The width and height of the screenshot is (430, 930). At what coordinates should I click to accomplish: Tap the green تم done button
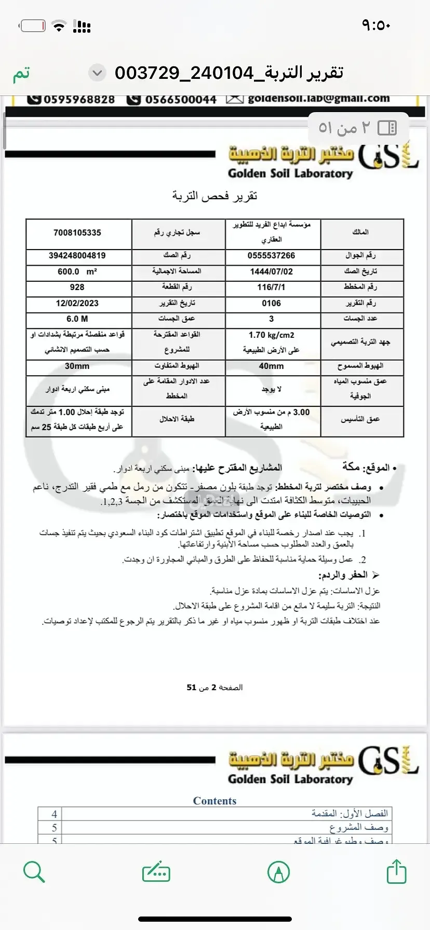coord(21,73)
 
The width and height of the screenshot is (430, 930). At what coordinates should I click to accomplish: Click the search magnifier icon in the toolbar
coord(34,872)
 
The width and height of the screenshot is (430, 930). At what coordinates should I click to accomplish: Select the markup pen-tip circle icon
coord(278,872)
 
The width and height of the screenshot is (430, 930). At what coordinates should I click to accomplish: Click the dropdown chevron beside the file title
coord(97,73)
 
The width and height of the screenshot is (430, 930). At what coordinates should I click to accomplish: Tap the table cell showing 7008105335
coord(77,233)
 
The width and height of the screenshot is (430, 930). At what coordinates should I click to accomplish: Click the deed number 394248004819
coord(77,256)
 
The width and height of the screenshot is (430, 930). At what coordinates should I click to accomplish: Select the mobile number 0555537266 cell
coord(271,256)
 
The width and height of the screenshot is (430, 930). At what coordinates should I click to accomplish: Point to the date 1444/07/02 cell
coord(271,271)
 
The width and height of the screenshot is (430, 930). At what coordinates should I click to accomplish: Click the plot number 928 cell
coord(77,287)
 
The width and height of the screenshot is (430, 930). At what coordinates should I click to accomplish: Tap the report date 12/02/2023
coord(77,303)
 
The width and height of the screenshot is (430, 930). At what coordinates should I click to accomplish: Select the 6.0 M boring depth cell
coord(77,319)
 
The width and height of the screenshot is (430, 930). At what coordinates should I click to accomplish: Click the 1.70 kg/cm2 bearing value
coord(271,335)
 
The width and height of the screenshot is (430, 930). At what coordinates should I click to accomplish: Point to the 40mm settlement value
coord(271,366)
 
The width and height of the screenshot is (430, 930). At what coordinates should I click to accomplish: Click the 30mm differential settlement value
coord(77,366)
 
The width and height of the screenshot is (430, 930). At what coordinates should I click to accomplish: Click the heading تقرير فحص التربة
coord(214,196)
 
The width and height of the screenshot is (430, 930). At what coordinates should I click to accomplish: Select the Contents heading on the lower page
coord(214,801)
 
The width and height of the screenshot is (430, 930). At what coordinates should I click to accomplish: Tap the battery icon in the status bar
coord(33,25)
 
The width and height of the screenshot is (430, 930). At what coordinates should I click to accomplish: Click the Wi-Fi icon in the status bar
coord(60,26)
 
